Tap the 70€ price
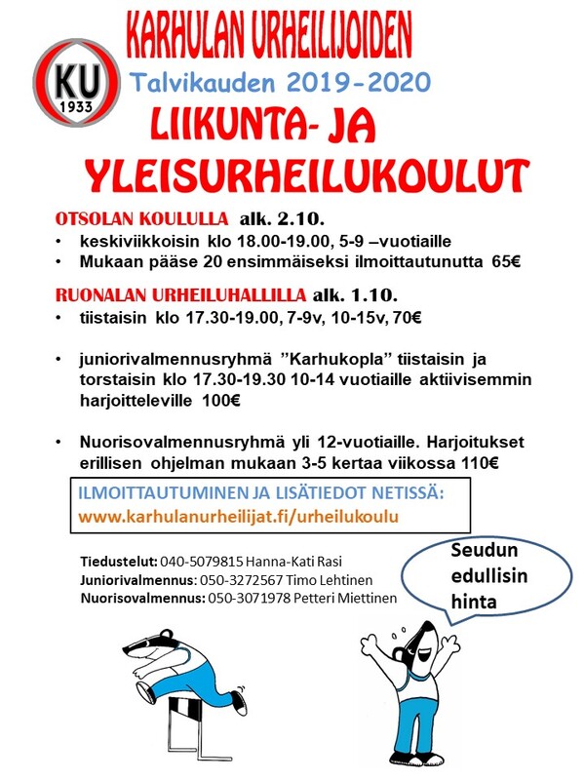pyautogui.click(x=407, y=318)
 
